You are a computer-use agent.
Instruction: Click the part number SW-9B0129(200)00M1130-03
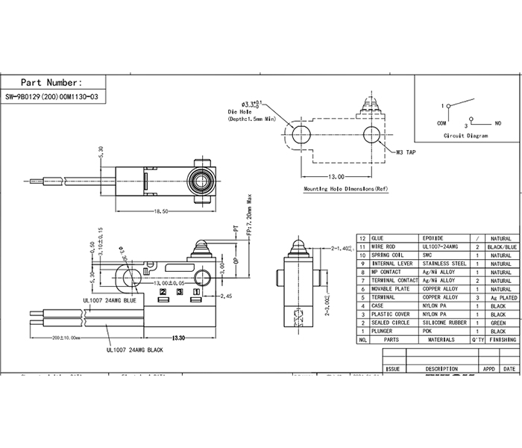pos(51,97)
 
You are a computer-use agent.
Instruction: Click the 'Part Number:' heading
pos(51,82)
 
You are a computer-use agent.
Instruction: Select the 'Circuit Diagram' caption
pos(465,137)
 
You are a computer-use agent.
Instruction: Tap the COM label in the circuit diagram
pos(441,122)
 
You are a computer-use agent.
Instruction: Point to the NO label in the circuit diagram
pos(498,122)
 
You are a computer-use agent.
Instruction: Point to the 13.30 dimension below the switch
pos(178,338)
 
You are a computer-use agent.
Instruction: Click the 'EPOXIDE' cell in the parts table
pos(433,237)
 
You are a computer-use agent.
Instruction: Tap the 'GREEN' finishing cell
pos(498,323)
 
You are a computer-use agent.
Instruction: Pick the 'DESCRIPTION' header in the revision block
pos(441,369)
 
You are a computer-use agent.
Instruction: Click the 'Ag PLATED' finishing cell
pos(498,297)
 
